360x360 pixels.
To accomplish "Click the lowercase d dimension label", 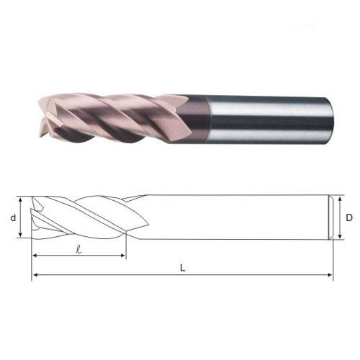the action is point(13,218).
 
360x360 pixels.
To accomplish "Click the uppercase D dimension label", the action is point(349,217).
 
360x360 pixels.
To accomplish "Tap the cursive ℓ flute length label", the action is point(78,249).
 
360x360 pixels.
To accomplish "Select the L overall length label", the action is point(183,268).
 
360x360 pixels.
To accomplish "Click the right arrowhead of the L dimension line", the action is point(330,274).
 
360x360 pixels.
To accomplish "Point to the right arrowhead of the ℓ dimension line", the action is point(122,256).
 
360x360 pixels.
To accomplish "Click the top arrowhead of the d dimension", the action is point(21,200).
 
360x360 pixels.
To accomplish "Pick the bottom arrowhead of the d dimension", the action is point(21,235).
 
